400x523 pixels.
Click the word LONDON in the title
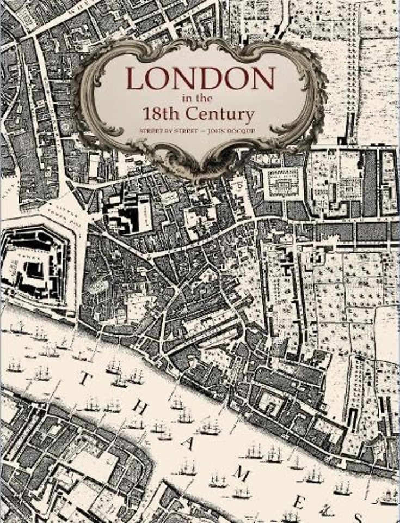pyautogui.click(x=200, y=80)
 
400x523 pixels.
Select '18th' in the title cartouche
pyautogui.click(x=164, y=115)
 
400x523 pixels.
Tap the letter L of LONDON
pyautogui.click(x=137, y=80)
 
